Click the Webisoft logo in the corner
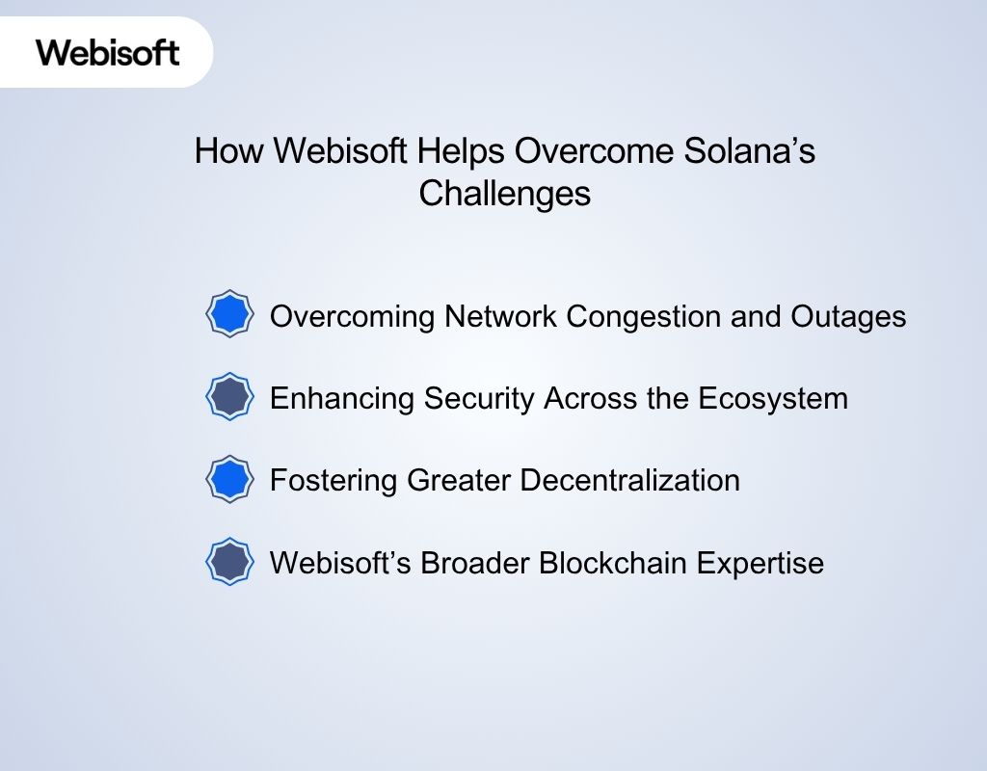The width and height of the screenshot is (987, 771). pyautogui.click(x=108, y=51)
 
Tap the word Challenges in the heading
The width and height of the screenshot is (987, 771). pyautogui.click(x=504, y=194)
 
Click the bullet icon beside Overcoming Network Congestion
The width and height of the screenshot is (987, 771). pyautogui.click(x=230, y=314)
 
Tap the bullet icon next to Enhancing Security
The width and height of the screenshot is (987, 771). pyautogui.click(x=230, y=396)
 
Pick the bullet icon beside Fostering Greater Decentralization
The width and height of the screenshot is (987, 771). pyautogui.click(x=230, y=479)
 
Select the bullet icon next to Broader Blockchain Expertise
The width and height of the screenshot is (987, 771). pyautogui.click(x=230, y=562)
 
